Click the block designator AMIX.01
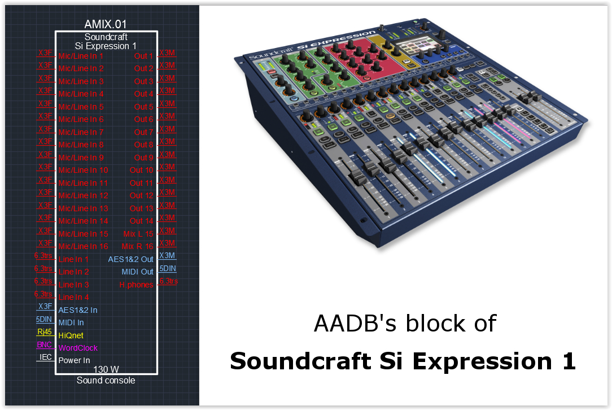pos(106,24)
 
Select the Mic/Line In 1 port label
pos(81,56)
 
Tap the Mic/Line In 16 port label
pos(83,246)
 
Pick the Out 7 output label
pos(143,132)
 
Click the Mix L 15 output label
pos(138,234)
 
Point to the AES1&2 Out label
pos(131,259)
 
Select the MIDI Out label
pos(137,272)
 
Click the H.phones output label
pos(136,285)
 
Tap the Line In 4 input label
pos(74,297)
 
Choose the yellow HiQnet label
pos(71,335)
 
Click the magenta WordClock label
pos(78,348)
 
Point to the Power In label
pos(74,360)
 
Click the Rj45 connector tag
pos(45,332)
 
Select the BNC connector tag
pos(44,345)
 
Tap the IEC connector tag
pos(46,357)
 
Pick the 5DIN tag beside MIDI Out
pos(168,269)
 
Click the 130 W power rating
pos(106,369)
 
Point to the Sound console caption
pos(106,380)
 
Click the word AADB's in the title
pos(355,324)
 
